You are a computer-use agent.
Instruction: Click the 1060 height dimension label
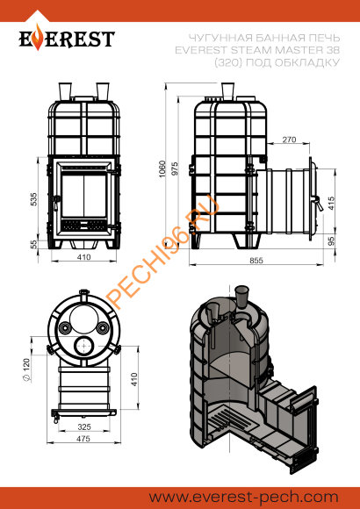pyautogui.click(x=162, y=168)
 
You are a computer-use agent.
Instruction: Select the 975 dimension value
pyautogui.click(x=175, y=168)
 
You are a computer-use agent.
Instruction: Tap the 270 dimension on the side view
pyautogui.click(x=289, y=140)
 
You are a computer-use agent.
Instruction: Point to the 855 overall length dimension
pyautogui.click(x=256, y=260)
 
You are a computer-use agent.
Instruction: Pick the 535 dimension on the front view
pyautogui.click(x=34, y=200)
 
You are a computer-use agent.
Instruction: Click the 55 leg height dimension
pyautogui.click(x=34, y=244)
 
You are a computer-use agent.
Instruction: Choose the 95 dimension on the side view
pyautogui.click(x=331, y=241)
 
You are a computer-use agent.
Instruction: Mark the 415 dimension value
pyautogui.click(x=331, y=204)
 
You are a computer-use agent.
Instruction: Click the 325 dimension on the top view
pyautogui.click(x=84, y=427)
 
